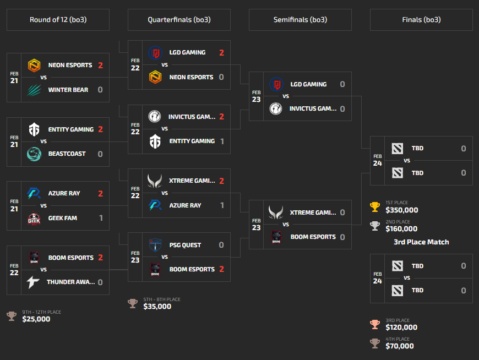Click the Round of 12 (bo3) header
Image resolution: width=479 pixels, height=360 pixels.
coord(58,20)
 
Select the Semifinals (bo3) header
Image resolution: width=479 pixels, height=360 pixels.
coord(300,20)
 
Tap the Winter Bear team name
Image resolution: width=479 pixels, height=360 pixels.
coord(68,90)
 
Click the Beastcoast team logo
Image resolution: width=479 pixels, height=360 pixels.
coord(35,154)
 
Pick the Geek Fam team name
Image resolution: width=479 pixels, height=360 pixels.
coord(63,218)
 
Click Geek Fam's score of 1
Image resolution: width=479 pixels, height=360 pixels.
coord(101,218)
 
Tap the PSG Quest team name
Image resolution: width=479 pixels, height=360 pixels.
coord(184,245)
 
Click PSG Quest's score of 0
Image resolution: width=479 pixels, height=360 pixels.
coord(221,245)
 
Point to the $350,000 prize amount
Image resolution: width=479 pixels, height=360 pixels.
coord(402,210)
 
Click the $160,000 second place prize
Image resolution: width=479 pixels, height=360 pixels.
coord(401,229)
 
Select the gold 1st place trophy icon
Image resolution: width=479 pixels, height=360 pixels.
coord(375,207)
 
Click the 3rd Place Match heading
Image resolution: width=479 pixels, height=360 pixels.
coord(421,242)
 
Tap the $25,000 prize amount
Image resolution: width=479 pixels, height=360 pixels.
coord(36,319)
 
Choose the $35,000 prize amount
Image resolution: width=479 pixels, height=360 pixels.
coord(157,306)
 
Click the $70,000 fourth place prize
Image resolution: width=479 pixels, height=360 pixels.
coord(400,346)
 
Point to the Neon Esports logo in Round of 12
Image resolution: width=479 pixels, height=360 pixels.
coord(35,66)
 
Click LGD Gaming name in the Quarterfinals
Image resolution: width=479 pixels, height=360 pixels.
coord(187,53)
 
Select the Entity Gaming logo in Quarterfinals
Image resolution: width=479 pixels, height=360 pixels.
coord(155,141)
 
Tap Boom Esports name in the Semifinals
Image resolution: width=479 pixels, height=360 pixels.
coord(313,237)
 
